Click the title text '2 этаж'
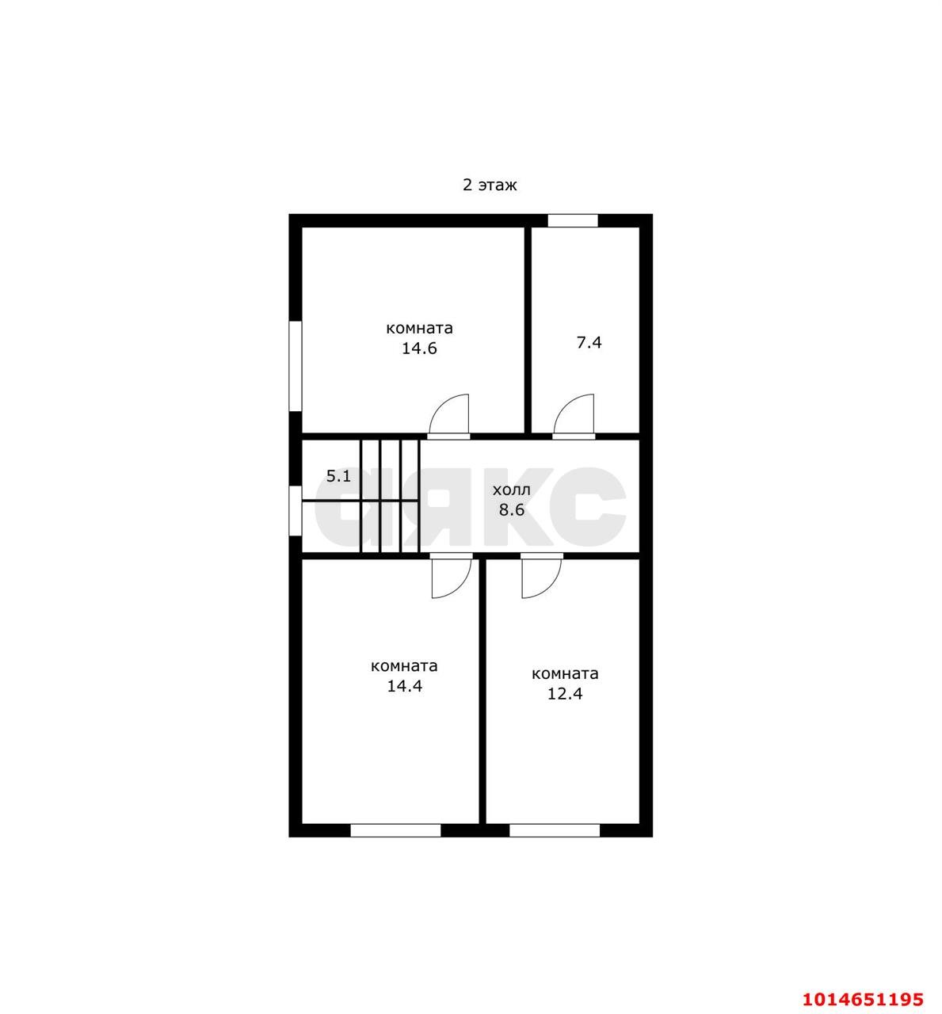pos(490,185)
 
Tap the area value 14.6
pos(419,349)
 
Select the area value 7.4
pos(589,342)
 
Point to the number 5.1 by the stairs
pos(338,476)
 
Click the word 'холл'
pos(511,490)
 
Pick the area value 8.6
pos(512,509)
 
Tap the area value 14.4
pos(404,686)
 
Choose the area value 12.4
pos(565,693)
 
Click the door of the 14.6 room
pos(448,417)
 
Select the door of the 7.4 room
pos(574,417)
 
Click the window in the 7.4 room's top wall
pos(573,220)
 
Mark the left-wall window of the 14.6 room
pos(296,365)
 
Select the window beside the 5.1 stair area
pos(296,511)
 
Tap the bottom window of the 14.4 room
pos(395,831)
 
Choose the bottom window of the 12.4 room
pos(555,831)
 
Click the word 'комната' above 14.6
pos(419,328)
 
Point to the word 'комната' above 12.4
pos(565,674)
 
